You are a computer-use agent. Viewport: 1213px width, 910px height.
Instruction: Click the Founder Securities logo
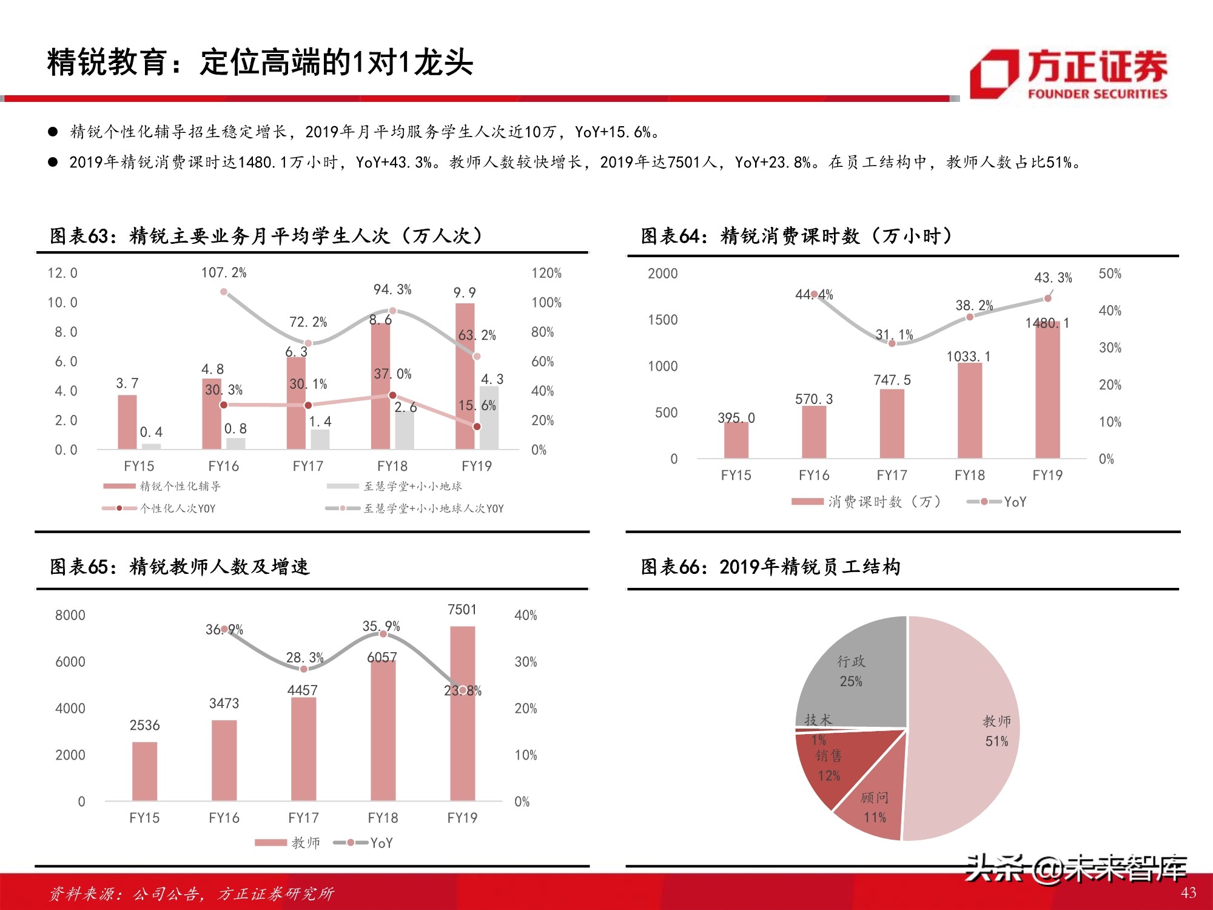click(1069, 74)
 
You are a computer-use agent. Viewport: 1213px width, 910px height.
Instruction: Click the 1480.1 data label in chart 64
click(1047, 323)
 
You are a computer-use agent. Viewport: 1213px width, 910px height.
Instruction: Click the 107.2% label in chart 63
click(224, 273)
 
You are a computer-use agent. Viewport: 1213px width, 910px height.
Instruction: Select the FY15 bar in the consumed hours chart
click(736, 440)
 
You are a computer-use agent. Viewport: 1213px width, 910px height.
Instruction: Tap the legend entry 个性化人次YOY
click(177, 508)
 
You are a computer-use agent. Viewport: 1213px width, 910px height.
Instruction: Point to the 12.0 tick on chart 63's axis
click(62, 273)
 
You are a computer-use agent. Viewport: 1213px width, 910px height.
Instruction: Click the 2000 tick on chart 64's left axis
click(662, 274)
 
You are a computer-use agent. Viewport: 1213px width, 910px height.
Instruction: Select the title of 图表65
click(180, 567)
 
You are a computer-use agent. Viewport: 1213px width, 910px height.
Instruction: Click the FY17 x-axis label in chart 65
click(303, 818)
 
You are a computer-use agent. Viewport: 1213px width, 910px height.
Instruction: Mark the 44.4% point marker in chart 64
click(814, 294)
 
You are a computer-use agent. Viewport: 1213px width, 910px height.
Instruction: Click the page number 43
click(1188, 892)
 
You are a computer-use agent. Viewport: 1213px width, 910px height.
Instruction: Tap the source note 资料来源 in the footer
click(191, 893)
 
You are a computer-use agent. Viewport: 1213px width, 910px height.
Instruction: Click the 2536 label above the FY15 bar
click(144, 725)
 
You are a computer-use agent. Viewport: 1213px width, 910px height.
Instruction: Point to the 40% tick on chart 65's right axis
click(525, 615)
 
